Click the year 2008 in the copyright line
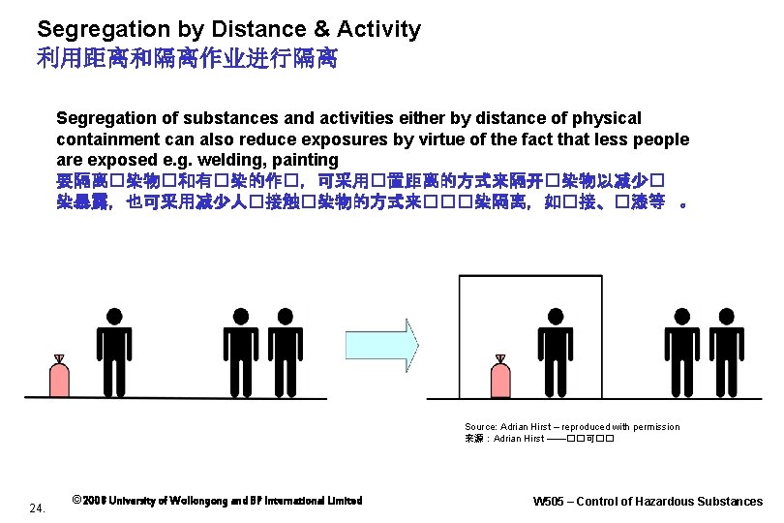pyautogui.click(x=95, y=501)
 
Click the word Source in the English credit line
pyautogui.click(x=481, y=426)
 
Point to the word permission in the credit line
pyautogui.click(x=652, y=426)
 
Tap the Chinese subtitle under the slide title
pyautogui.click(x=187, y=59)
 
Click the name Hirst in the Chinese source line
pyautogui.click(x=532, y=439)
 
